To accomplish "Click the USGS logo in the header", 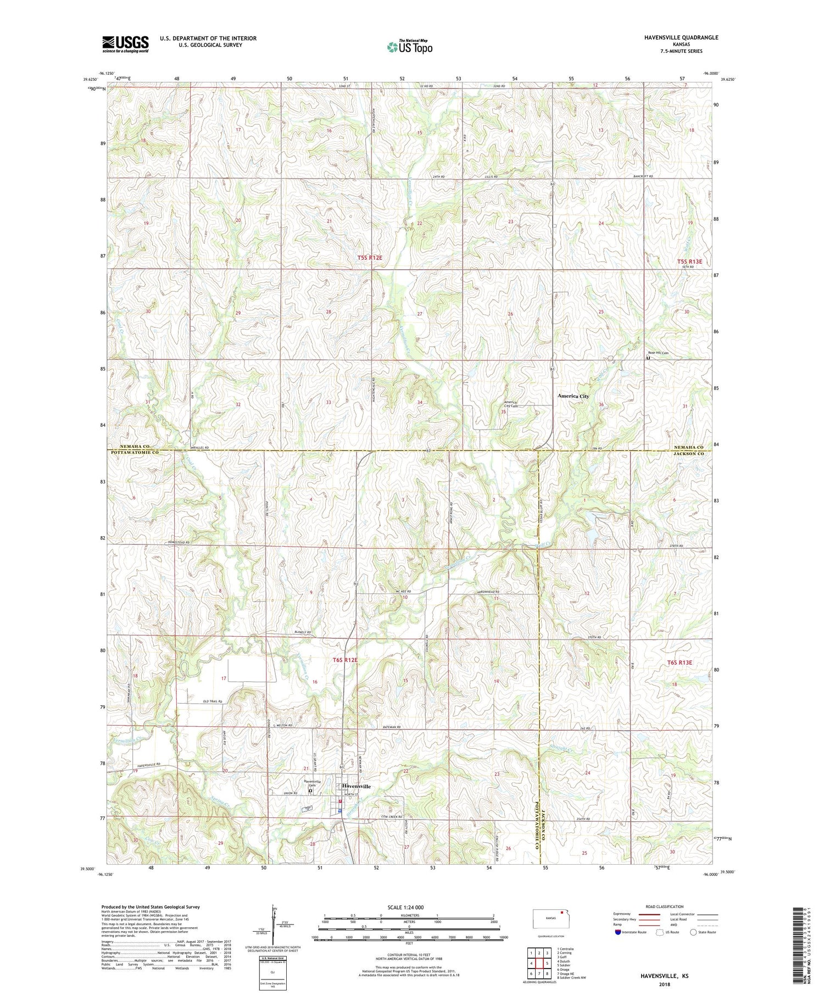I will (125, 44).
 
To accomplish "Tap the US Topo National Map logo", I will (409, 47).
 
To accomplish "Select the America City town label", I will (573, 396).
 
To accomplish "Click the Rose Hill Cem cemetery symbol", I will (648, 358).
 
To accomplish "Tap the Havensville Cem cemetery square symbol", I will (310, 791).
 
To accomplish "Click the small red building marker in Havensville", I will (340, 801).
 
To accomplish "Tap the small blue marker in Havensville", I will (340, 810).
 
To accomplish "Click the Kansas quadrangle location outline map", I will (553, 918).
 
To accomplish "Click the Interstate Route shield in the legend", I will (619, 932).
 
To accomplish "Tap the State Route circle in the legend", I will (693, 932).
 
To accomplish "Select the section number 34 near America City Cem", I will (420, 403).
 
